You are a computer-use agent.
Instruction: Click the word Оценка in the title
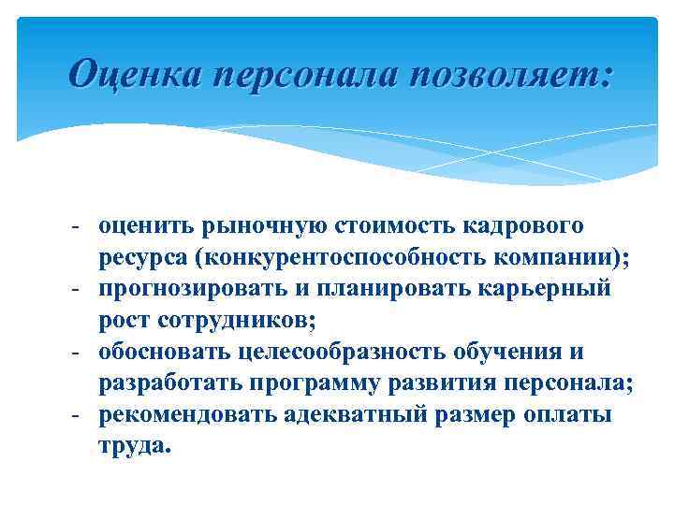(x=133, y=72)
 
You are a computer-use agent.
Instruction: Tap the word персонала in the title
(x=300, y=72)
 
